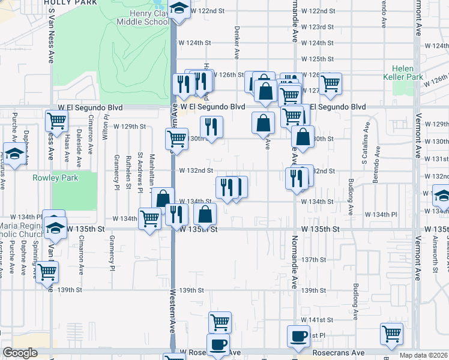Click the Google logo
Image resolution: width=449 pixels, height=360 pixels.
[x=20, y=353]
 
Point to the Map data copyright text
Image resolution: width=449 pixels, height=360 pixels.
[x=424, y=355]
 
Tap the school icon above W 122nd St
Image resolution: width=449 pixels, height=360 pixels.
[x=178, y=8]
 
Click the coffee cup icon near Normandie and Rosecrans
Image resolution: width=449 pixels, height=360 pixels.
[x=298, y=336]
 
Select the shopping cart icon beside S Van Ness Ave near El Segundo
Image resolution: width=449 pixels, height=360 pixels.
[x=56, y=120]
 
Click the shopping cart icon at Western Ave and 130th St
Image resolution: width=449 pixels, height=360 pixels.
[x=176, y=139]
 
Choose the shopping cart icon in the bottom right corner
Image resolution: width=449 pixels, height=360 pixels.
[x=391, y=333]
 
